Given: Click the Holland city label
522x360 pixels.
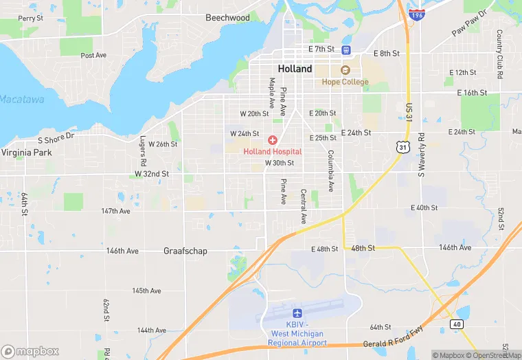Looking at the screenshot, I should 295,69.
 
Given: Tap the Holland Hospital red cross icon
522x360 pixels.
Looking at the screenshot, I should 273,140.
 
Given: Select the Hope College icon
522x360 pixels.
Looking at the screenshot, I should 345,70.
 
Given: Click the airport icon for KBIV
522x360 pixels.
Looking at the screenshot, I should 297,313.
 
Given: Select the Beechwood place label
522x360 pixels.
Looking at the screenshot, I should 227,17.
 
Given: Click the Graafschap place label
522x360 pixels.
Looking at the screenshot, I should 185,251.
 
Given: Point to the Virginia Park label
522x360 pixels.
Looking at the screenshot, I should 27,153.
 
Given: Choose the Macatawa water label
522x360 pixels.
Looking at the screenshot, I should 21,99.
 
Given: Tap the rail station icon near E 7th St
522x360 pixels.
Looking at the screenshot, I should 345,49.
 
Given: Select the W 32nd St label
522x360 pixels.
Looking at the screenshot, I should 152,174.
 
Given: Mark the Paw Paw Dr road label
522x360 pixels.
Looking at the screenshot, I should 468,23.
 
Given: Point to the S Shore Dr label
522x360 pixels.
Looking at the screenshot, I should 56,138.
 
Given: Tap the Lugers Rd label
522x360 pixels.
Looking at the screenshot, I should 144,151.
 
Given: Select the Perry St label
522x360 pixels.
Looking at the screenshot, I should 31,18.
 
